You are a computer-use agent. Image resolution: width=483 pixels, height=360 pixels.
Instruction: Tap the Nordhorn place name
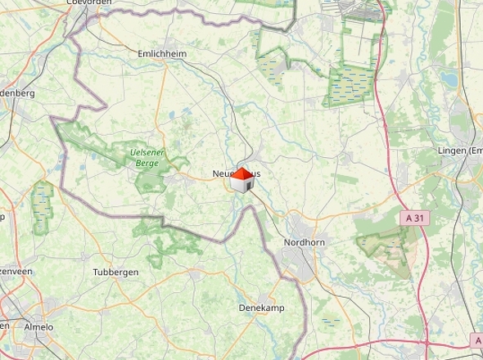305,243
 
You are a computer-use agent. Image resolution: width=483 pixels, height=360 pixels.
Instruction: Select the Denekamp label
260,308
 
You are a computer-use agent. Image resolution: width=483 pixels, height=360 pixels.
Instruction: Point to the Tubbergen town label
115,272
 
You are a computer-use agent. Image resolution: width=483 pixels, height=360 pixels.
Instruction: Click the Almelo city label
38,326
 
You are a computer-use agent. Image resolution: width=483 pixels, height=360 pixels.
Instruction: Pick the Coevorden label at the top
88,3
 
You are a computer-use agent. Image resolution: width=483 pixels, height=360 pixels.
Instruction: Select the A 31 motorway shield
416,218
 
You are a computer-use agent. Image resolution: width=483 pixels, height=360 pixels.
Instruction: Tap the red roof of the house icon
243,173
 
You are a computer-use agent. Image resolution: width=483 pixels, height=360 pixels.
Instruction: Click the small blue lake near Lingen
449,79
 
